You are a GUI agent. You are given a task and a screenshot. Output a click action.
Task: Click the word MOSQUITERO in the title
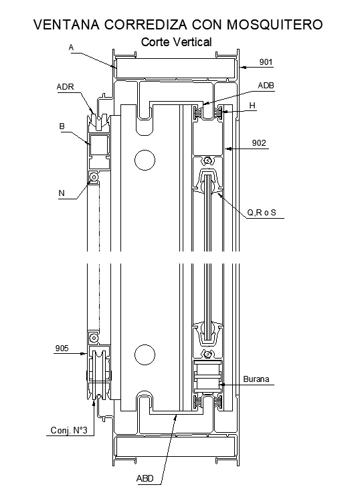[274, 25]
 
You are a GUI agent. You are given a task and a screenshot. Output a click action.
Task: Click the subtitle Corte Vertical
[177, 41]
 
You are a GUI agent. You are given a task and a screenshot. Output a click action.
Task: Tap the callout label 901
[266, 63]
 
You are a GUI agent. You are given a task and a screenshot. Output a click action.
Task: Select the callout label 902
[259, 143]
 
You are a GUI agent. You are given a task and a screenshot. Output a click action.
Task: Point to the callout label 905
[62, 348]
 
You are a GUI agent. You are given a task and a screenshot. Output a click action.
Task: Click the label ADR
[66, 86]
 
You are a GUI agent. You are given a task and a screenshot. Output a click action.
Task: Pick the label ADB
[266, 86]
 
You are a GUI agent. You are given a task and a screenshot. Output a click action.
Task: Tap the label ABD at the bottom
[145, 478]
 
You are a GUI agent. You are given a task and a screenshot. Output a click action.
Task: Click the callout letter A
[71, 47]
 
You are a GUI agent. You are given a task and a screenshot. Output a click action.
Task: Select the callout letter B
[62, 126]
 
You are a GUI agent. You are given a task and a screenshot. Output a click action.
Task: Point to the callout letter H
[252, 106]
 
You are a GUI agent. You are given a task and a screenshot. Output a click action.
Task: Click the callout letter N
[62, 193]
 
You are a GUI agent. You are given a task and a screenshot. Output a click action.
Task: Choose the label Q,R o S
[262, 213]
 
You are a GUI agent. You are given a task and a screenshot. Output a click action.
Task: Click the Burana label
[256, 379]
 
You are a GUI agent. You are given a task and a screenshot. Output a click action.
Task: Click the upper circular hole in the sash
[143, 159]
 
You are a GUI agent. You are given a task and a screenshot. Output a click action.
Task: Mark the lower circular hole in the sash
[143, 353]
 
